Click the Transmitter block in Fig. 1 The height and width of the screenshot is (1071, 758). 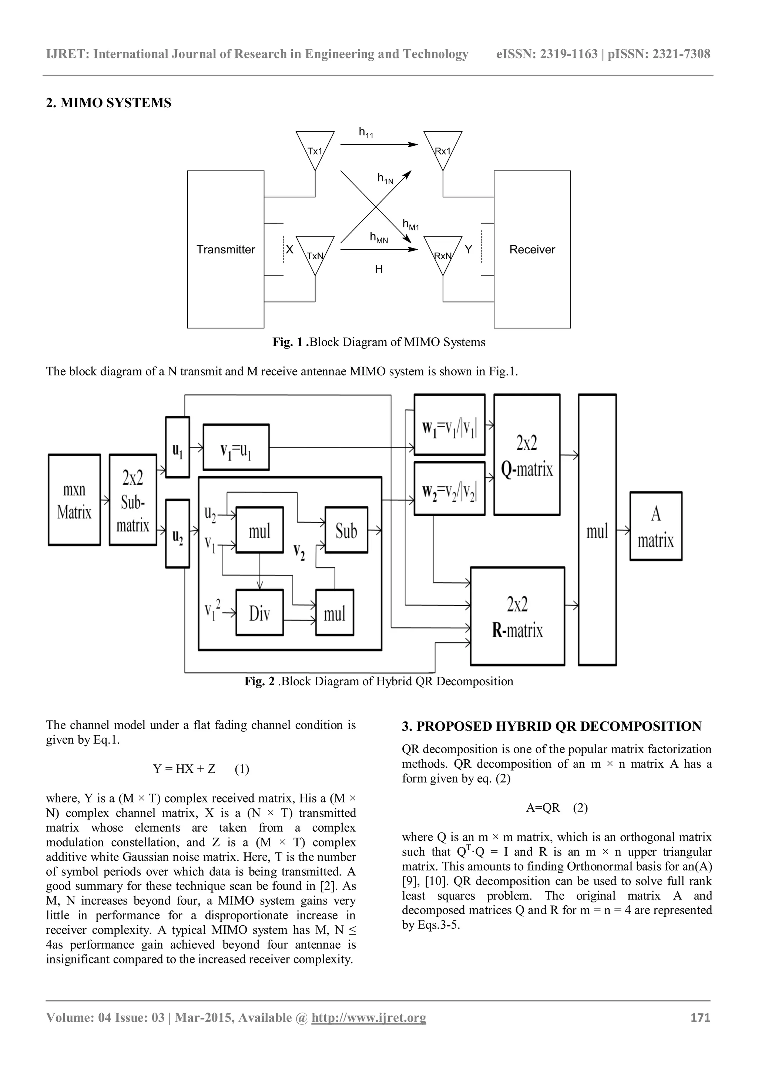click(225, 250)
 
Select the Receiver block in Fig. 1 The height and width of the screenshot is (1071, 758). click(532, 250)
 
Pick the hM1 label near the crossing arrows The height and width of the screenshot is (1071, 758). click(411, 225)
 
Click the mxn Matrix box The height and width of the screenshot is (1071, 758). click(74, 500)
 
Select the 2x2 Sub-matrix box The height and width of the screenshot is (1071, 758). click(133, 500)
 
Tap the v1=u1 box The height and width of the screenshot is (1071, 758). click(236, 447)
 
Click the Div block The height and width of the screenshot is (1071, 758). click(259, 612)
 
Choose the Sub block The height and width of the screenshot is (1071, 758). click(346, 530)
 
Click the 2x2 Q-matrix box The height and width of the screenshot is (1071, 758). click(527, 455)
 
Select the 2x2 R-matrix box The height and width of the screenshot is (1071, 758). click(517, 616)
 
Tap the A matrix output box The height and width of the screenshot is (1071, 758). click(656, 526)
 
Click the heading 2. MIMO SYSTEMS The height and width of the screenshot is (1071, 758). click(109, 102)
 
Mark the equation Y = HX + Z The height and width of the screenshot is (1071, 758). click(185, 769)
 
